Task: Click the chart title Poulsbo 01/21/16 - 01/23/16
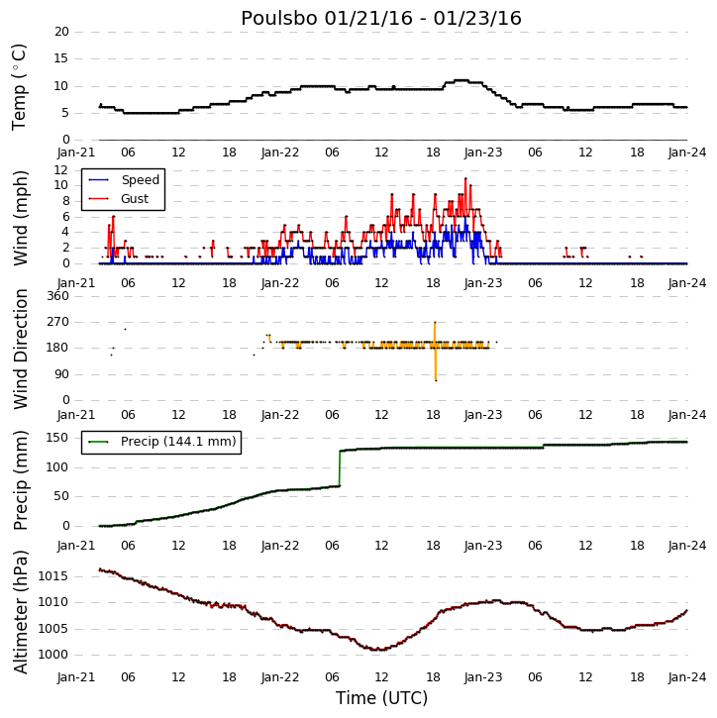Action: (381, 19)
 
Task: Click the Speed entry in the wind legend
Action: (140, 180)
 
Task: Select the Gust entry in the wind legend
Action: (135, 199)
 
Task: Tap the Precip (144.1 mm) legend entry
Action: (178, 442)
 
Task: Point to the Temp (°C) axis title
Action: (19, 87)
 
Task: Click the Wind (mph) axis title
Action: (20, 219)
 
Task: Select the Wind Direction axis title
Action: (20, 350)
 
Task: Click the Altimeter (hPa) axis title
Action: (20, 612)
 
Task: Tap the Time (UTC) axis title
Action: (381, 698)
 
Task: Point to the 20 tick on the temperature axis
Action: (61, 32)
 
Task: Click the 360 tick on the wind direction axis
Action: (57, 296)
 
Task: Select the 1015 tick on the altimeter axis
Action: (52, 576)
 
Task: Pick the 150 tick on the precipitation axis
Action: (57, 438)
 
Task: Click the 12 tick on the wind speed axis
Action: (61, 170)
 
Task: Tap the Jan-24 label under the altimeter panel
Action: (686, 677)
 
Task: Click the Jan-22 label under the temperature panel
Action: (279, 153)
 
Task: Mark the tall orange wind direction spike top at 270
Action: (435, 323)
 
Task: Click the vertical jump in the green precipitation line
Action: (340, 468)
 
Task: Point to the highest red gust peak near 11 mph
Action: (465, 178)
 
